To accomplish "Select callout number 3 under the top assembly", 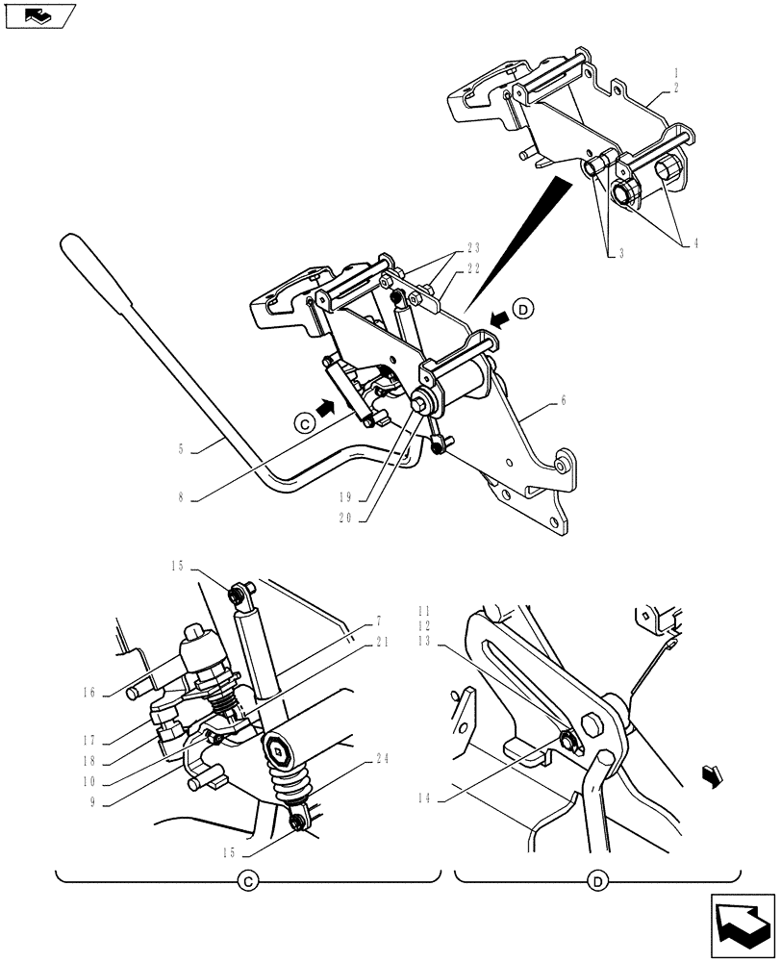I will (x=621, y=253).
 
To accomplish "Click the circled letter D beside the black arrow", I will (x=522, y=310).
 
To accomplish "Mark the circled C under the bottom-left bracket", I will (x=246, y=881).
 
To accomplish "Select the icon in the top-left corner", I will (x=39, y=15).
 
